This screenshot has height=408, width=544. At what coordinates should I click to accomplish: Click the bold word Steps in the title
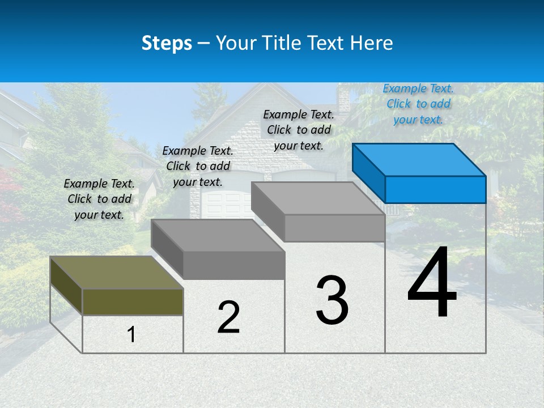(x=167, y=43)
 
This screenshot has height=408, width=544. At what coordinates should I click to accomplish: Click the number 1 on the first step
(x=131, y=335)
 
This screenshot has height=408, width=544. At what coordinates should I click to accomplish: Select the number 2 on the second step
(x=228, y=317)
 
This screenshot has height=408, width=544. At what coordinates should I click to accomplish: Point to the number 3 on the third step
(x=332, y=300)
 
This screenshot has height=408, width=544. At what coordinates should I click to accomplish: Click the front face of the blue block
(x=435, y=189)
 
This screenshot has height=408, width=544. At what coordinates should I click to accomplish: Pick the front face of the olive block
(x=133, y=301)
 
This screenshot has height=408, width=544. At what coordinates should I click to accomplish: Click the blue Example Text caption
(x=418, y=104)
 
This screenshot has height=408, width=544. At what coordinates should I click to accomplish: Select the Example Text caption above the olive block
(x=99, y=199)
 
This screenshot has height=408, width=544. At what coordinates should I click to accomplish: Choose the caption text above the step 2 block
(x=198, y=166)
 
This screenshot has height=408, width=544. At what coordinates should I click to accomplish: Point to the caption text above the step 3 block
(x=299, y=130)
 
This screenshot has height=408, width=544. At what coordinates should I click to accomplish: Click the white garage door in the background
(x=223, y=204)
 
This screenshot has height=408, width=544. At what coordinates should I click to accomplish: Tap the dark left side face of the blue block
(x=368, y=173)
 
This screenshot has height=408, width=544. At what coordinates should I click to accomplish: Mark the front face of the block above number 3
(x=334, y=228)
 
